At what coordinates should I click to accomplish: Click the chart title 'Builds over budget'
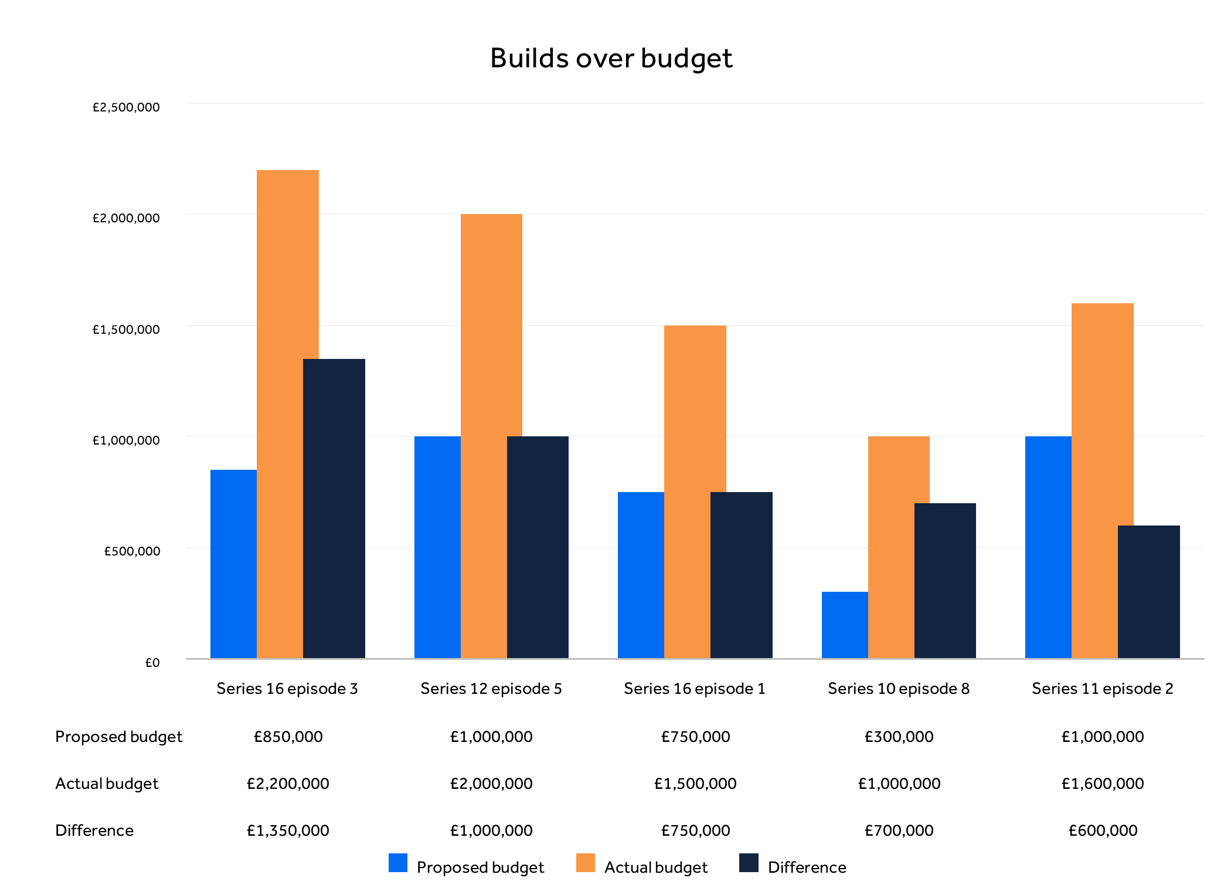coord(611,59)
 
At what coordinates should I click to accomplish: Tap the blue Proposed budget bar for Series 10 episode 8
coord(844,625)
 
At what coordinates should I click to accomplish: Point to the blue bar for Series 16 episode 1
coord(641,575)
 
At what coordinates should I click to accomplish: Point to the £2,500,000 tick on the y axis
coord(126,107)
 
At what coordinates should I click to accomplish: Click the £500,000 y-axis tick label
coord(132,551)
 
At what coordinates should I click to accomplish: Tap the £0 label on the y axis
coord(152,663)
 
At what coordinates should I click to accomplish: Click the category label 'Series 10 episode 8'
coord(898,689)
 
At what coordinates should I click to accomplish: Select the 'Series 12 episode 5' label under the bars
coord(491,689)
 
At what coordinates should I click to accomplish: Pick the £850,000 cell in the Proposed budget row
coord(288,737)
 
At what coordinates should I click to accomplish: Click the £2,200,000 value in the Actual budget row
coord(288,784)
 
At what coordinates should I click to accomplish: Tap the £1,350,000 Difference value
coord(288,830)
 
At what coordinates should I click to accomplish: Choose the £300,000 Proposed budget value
coord(899,737)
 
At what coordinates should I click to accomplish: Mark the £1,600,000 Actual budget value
coord(1102,784)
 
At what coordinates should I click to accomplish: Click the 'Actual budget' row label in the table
coord(107,784)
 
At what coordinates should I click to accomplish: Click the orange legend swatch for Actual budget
coord(585,863)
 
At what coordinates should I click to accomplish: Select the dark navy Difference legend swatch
coord(749,863)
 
